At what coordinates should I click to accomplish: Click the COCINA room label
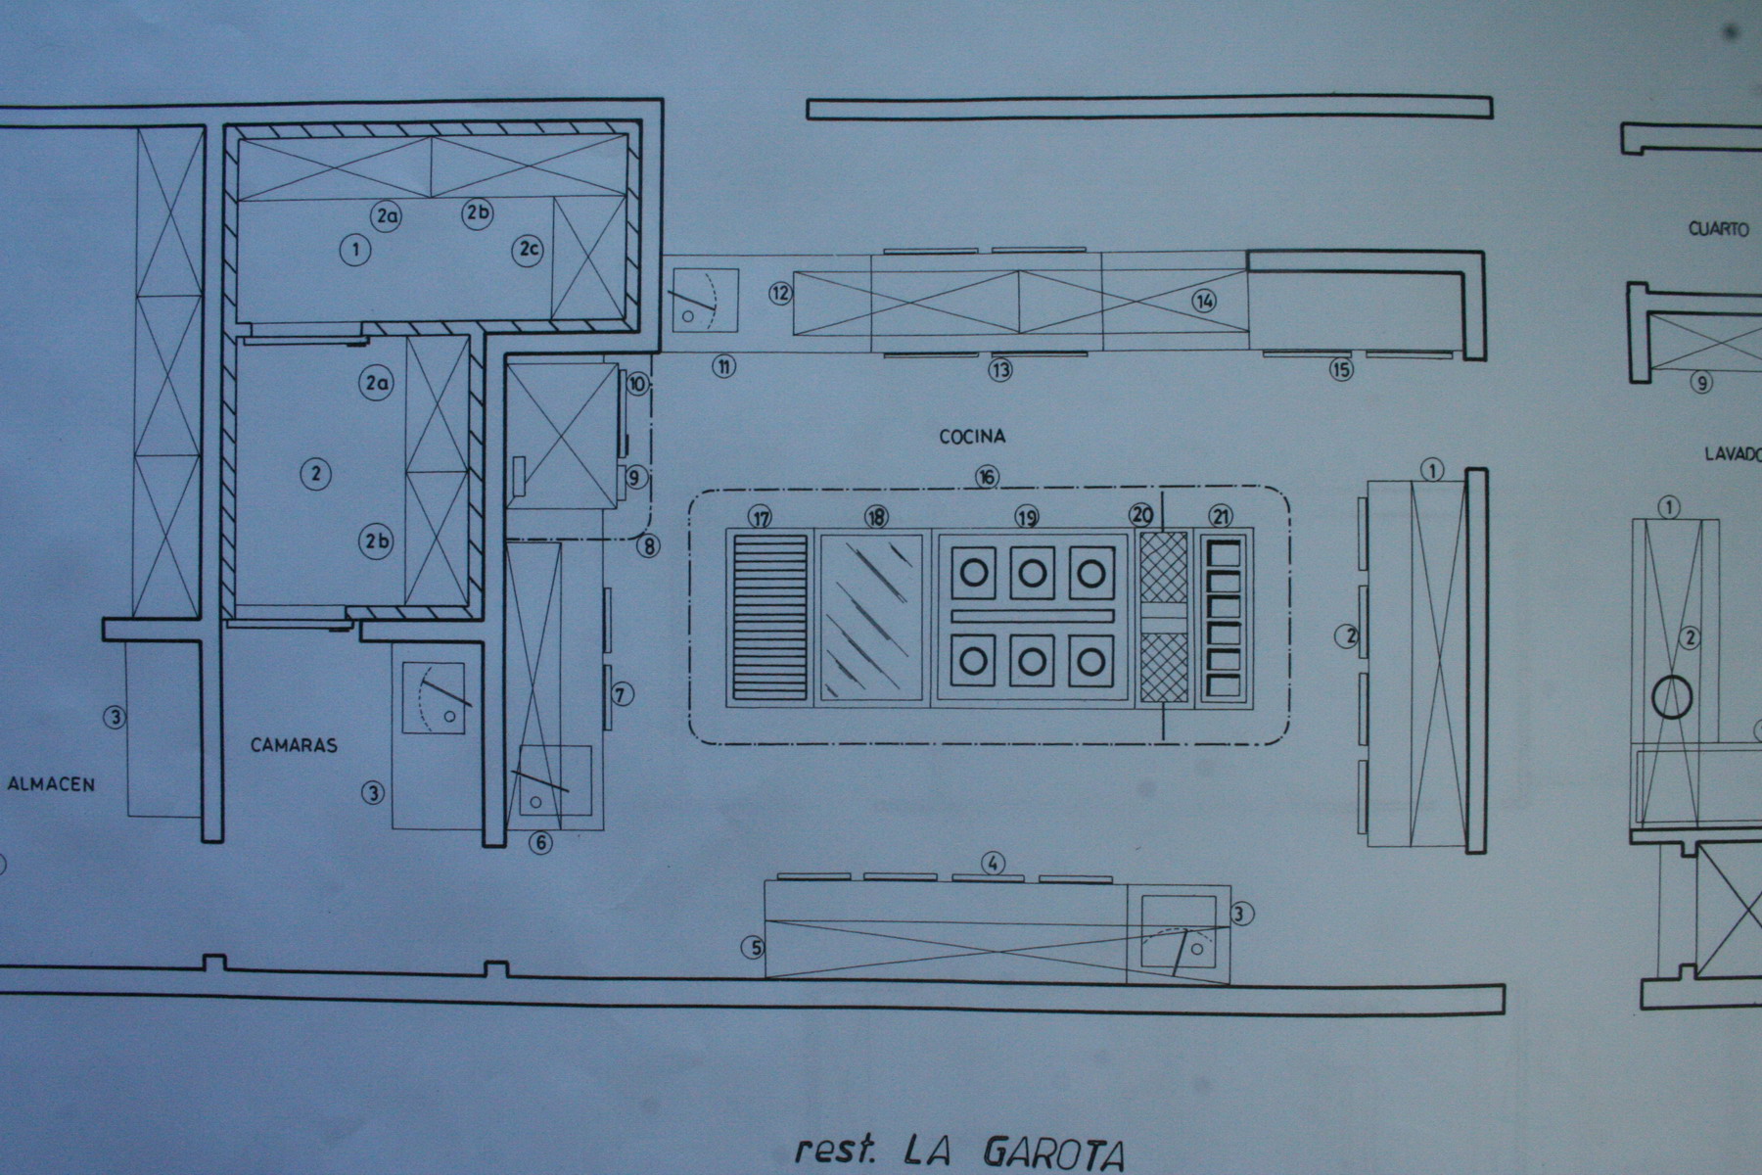pos(972,437)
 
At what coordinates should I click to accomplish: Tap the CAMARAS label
pos(294,745)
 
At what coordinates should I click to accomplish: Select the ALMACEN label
pos(51,783)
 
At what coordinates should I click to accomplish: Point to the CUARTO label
pos(1718,229)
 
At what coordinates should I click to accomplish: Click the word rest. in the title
pos(834,1150)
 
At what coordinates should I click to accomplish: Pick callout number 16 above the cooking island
pos(987,477)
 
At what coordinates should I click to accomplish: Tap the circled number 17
pos(761,516)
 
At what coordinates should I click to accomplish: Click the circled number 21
pos(1221,516)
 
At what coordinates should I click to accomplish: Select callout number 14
pos(1204,301)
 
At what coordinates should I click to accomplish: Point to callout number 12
pos(780,292)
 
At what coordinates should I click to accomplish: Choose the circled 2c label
pos(528,250)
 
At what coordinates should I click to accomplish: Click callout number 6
pos(541,841)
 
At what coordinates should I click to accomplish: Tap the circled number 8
pos(648,546)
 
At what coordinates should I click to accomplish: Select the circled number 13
pos(999,370)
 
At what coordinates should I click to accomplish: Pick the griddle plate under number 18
pos(871,617)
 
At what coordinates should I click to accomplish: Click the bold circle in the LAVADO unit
pos(1672,697)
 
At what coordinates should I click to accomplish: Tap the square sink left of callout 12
pos(703,299)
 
